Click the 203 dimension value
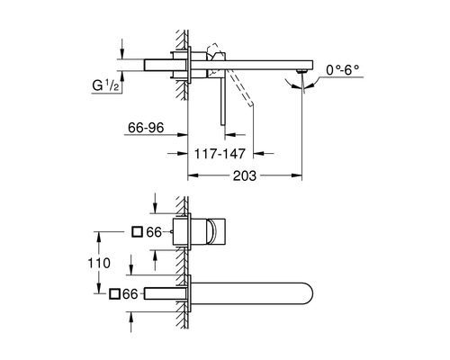pyautogui.click(x=245, y=175)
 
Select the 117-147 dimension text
pyautogui.click(x=220, y=154)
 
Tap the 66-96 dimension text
pyautogui.click(x=146, y=128)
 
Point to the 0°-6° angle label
pyautogui.click(x=343, y=70)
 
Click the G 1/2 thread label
pyautogui.click(x=106, y=85)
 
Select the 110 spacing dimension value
pyautogui.click(x=99, y=263)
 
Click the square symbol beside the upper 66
pyautogui.click(x=138, y=232)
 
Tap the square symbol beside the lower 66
pyautogui.click(x=115, y=294)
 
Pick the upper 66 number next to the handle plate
pyautogui.click(x=154, y=232)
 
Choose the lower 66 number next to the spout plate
pyautogui.click(x=130, y=294)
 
